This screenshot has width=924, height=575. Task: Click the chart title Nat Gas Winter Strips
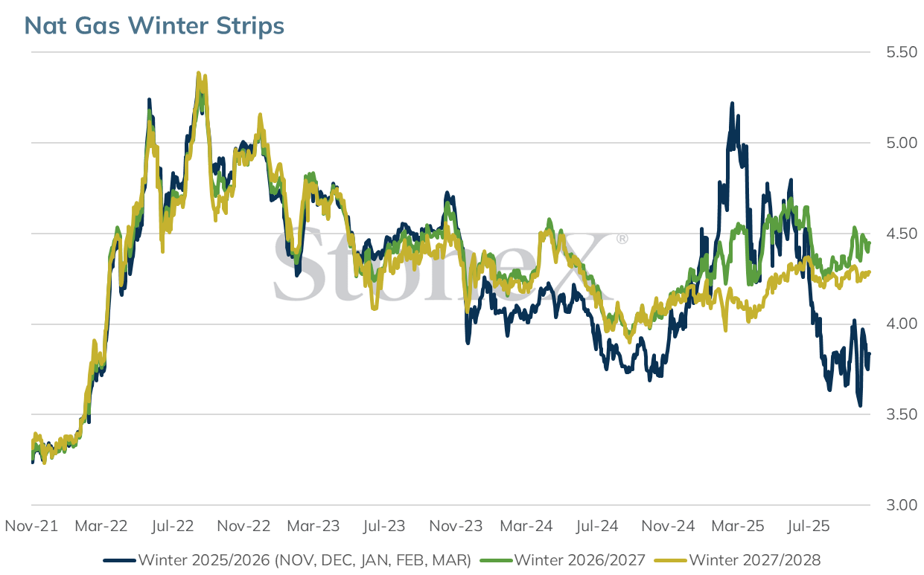click(154, 25)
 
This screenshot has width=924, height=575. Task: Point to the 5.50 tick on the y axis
click(902, 52)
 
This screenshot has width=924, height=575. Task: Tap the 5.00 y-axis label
click(902, 143)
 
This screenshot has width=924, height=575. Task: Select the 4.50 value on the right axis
click(902, 234)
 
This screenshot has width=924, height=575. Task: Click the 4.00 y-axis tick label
click(902, 324)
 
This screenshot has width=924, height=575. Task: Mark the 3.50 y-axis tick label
click(902, 414)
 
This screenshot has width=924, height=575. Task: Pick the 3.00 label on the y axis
click(902, 505)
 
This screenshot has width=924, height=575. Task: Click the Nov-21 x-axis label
click(31, 526)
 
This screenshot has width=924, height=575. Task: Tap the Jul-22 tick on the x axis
click(173, 526)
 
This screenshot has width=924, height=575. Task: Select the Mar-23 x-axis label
click(313, 526)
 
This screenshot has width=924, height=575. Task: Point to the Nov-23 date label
click(456, 526)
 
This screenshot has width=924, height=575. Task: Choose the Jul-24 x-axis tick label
click(597, 526)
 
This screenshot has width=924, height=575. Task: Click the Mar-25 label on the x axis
click(738, 526)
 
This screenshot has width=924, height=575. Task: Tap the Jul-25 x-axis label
click(809, 526)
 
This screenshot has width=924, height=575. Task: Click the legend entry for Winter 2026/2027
click(563, 560)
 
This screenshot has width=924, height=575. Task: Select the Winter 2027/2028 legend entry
click(738, 560)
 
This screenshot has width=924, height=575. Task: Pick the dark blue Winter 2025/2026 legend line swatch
click(119, 561)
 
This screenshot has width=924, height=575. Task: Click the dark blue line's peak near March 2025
click(732, 103)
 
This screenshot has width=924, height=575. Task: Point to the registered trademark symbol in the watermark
click(622, 239)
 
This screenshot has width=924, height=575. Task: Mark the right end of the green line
click(870, 243)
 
